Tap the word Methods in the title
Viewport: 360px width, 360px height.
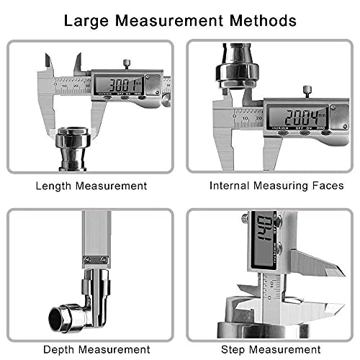point(260,20)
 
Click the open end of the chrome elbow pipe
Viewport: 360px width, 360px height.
point(58,315)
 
